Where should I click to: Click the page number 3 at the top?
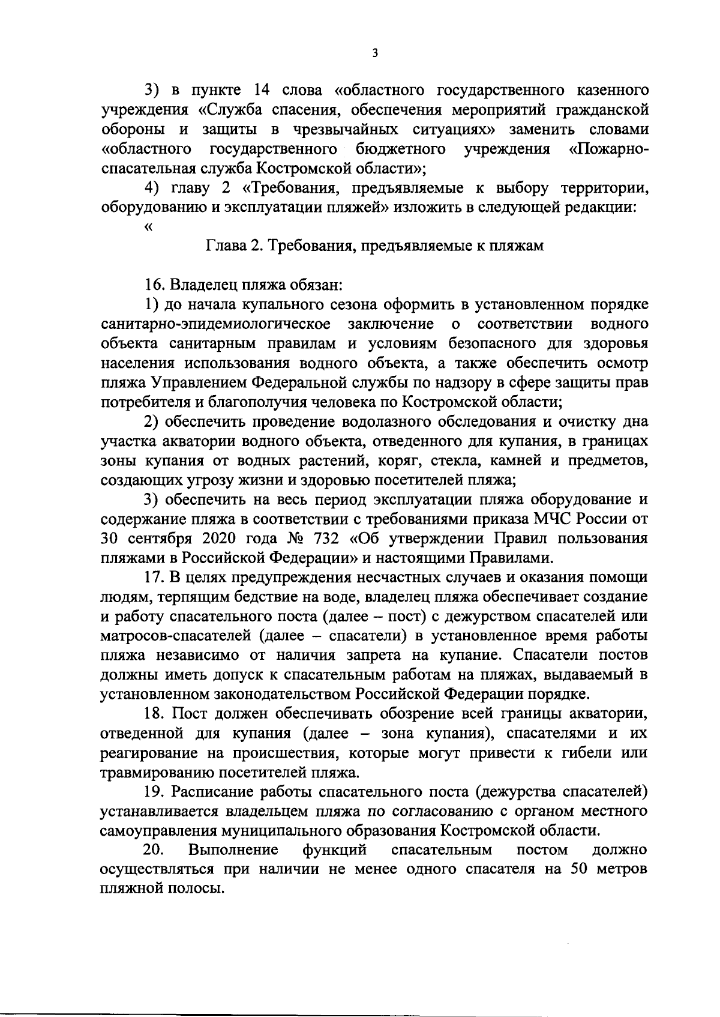coord(374,53)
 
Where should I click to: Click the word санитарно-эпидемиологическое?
coord(215,324)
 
